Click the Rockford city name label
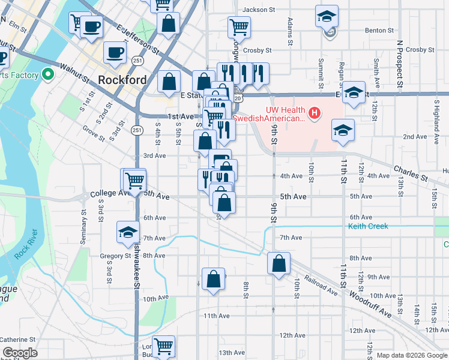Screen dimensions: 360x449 click(122, 80)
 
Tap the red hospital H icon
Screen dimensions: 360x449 click(313, 112)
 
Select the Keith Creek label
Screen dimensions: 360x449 click(368, 226)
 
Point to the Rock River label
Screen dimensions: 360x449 click(26, 244)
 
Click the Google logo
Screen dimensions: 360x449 click(20, 353)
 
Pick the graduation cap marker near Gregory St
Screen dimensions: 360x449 click(128, 232)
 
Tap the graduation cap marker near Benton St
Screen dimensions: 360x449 click(327, 16)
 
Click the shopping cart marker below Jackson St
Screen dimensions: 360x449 click(239, 26)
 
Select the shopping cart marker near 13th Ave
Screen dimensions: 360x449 click(163, 346)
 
